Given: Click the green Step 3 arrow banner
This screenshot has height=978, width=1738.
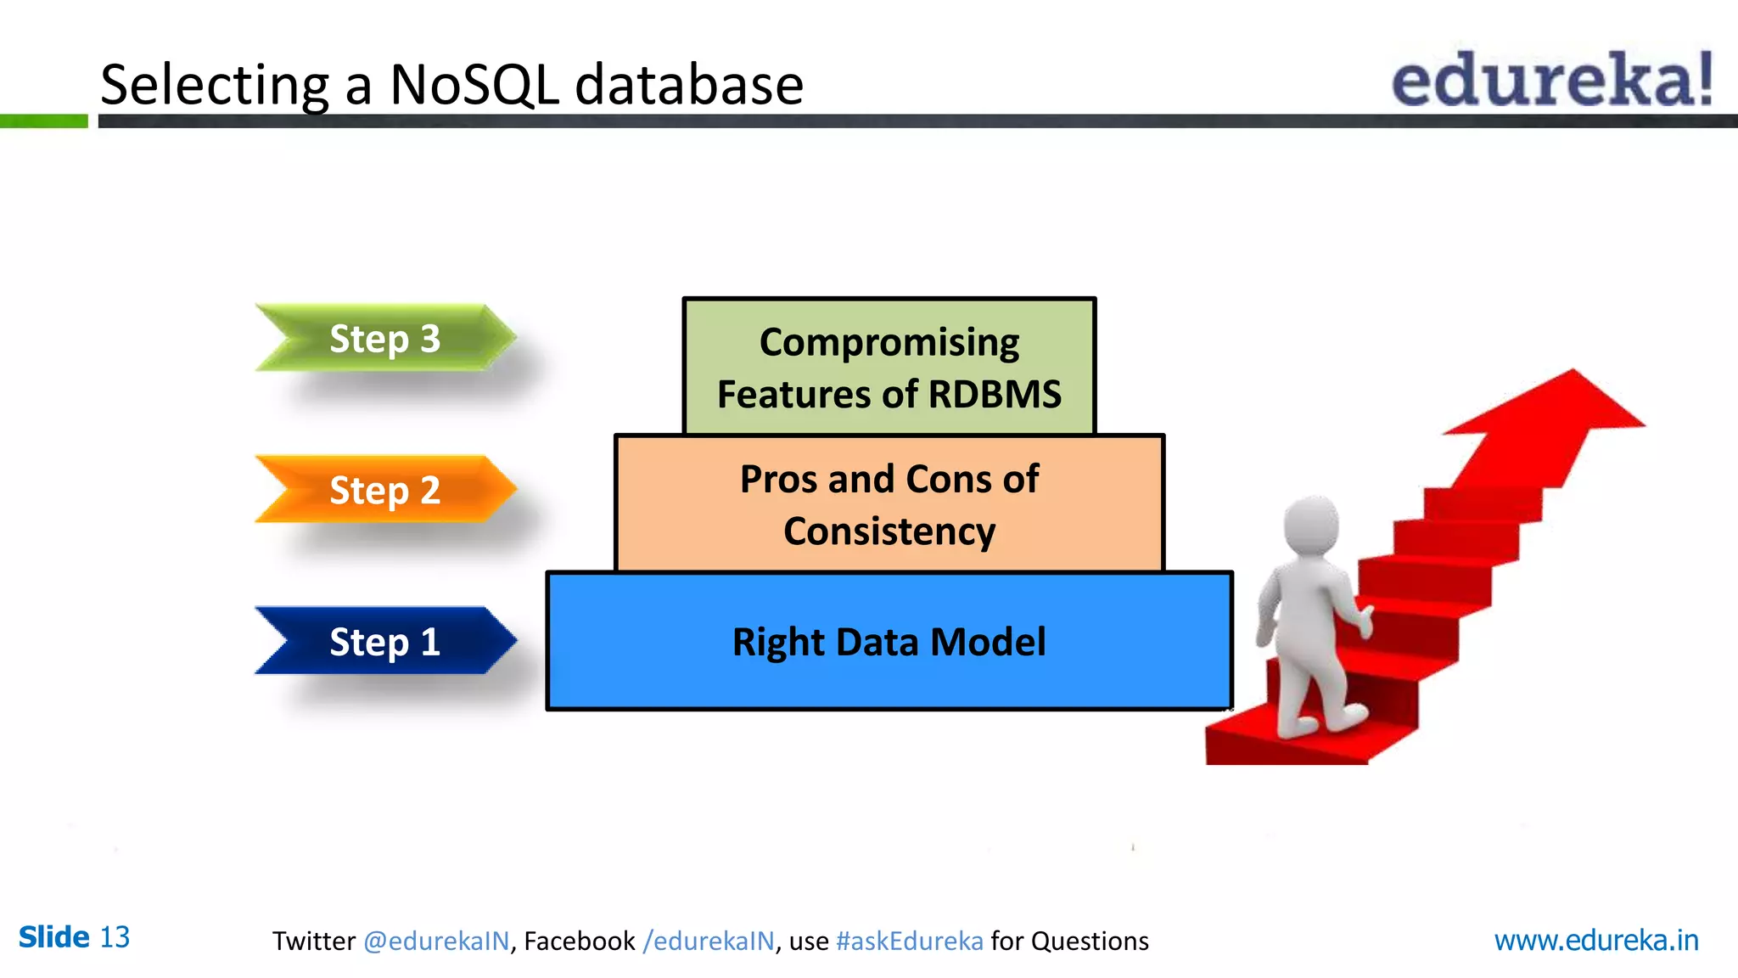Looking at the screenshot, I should (x=384, y=338).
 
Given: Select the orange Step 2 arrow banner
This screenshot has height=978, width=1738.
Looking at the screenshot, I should (x=384, y=489).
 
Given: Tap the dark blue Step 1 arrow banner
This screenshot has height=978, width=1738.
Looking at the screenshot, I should (x=384, y=641).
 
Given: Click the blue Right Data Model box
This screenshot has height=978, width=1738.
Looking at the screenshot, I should (x=889, y=642).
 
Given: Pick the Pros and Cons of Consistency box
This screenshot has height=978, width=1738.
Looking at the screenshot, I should (x=889, y=504).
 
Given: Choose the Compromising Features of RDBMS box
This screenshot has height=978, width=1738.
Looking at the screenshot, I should (x=889, y=367).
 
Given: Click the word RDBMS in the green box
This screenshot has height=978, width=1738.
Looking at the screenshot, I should (x=995, y=395).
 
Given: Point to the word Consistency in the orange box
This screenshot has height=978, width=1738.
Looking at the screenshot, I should (x=889, y=532).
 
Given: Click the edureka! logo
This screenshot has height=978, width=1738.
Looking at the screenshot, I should (x=1551, y=80).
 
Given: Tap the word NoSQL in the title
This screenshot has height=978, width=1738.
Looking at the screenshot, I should (x=474, y=85).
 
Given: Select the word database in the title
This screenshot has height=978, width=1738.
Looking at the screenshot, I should (x=688, y=85).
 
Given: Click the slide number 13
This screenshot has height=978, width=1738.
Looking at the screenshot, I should (x=115, y=937).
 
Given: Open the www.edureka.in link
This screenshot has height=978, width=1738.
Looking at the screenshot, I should (x=1595, y=941).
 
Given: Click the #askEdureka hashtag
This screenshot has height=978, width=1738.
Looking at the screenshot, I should (x=909, y=941).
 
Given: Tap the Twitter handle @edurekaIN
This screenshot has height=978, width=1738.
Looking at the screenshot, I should (x=436, y=941).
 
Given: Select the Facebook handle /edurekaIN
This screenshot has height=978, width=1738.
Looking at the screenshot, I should (x=709, y=941).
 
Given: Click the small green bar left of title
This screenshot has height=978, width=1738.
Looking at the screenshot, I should (x=43, y=121).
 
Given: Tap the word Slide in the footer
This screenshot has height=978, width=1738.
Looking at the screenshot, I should (x=53, y=937).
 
